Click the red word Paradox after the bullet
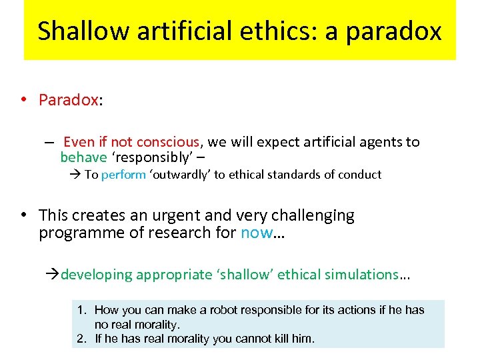point(69,100)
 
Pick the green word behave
point(83,157)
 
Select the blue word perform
point(123,175)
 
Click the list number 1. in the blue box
point(82,310)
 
